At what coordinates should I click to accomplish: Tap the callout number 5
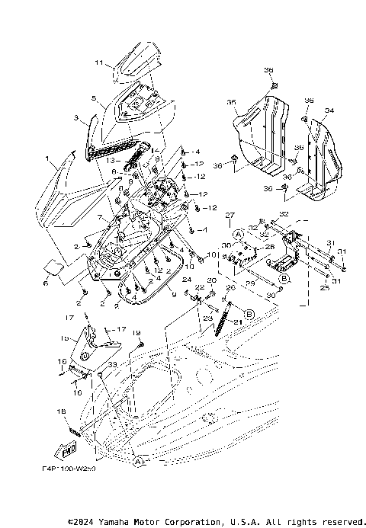[x=92, y=98]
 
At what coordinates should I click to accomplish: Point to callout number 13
[x=111, y=161]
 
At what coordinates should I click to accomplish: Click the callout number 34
[x=329, y=111]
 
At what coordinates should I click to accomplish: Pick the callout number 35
[x=230, y=101]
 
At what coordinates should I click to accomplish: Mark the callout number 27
[x=228, y=216]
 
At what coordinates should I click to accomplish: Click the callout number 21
[x=236, y=322]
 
